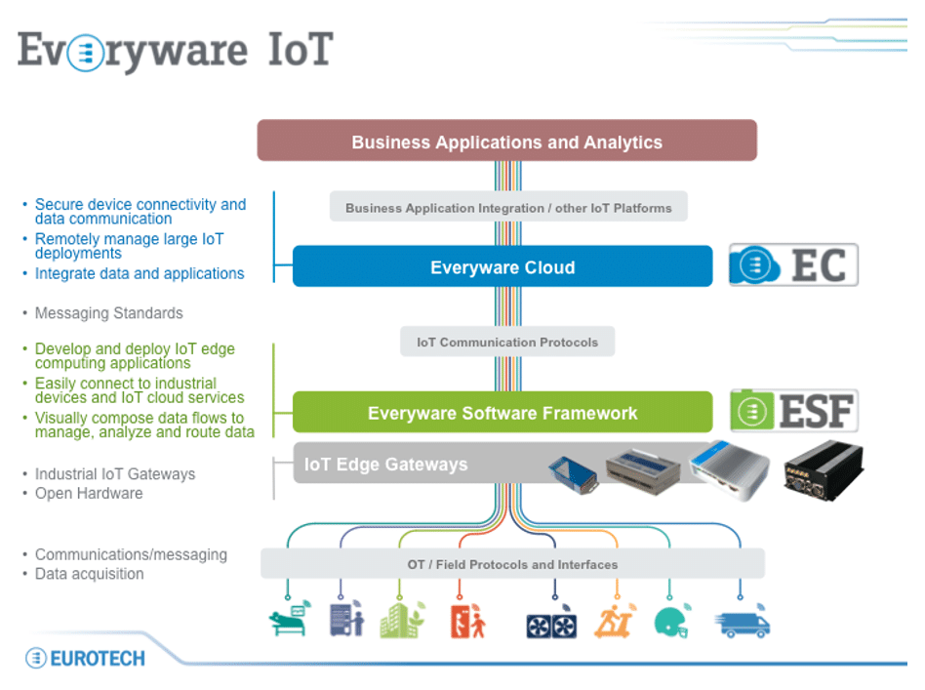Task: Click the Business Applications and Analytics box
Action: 506,142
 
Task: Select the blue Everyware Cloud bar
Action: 503,266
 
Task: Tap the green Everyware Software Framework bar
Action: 503,413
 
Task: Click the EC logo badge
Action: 793,265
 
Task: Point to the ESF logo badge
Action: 793,411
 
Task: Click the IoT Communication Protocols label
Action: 507,343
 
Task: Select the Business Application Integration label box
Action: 508,208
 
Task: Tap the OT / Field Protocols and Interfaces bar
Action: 512,564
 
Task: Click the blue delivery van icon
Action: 743,623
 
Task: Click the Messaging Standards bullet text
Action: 108,313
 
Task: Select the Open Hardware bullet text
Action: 89,494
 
